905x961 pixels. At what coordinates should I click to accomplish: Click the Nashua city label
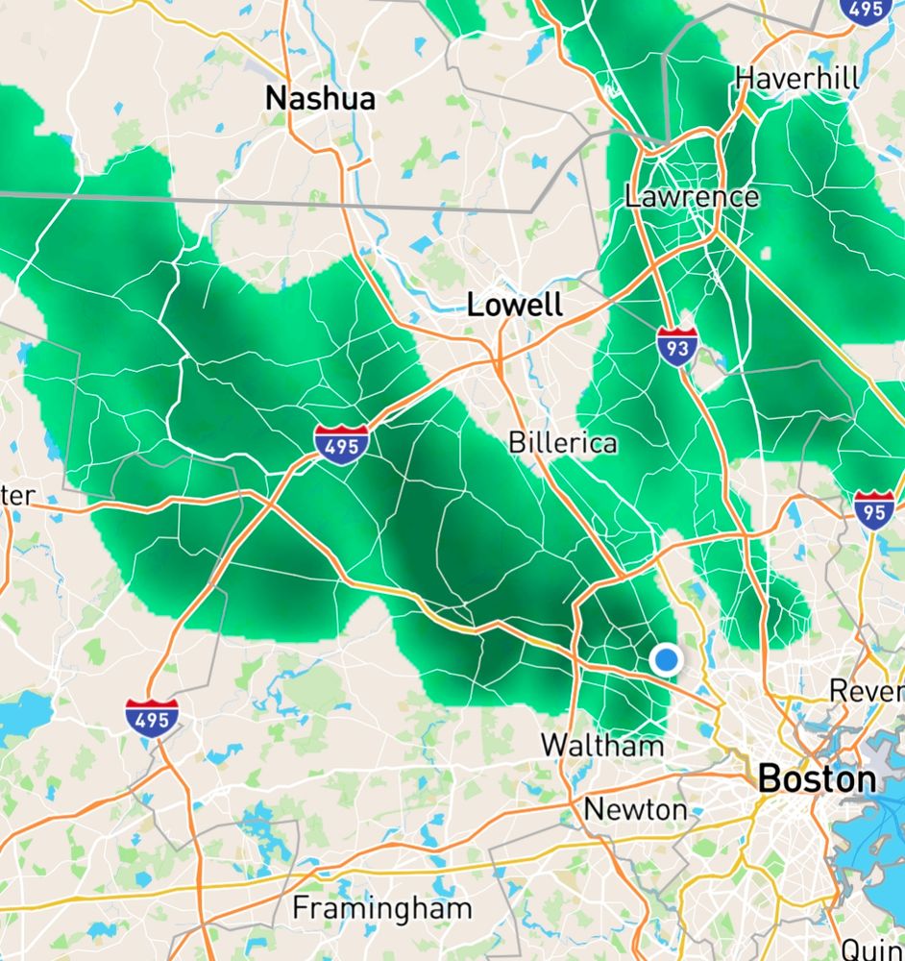(320, 97)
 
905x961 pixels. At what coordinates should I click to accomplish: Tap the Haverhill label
(797, 78)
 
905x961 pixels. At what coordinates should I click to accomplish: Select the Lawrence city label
(692, 197)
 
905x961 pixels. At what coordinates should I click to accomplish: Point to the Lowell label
(514, 306)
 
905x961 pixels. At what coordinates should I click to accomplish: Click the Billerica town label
(562, 443)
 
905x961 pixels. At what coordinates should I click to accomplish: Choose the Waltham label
(602, 745)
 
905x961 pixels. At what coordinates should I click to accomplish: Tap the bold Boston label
(817, 778)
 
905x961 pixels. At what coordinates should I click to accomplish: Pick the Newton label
(636, 808)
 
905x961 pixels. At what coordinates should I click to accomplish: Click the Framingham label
(382, 907)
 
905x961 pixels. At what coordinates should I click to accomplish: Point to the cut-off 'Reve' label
(865, 690)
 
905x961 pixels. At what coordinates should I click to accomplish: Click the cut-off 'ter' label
(17, 496)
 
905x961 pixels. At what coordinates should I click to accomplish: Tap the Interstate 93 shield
(677, 345)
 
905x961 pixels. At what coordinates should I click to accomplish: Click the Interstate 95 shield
(873, 508)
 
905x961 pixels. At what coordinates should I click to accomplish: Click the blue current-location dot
(666, 659)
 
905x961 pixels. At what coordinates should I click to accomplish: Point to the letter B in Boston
(769, 778)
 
